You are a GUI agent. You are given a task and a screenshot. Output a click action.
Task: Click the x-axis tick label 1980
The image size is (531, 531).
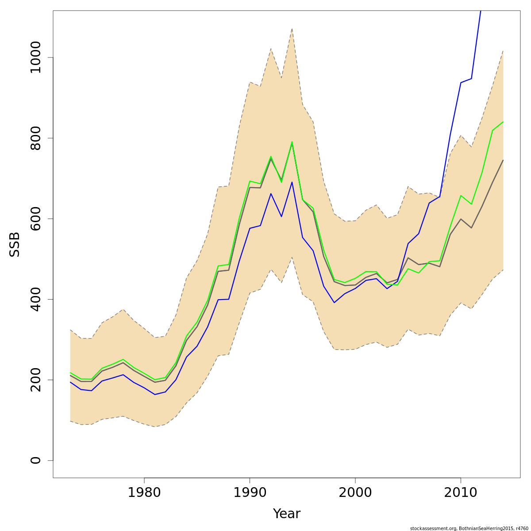[144, 493]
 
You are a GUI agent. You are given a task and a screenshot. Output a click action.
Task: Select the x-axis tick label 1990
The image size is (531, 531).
[250, 493]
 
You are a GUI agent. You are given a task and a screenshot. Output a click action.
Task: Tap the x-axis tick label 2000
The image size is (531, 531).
[355, 493]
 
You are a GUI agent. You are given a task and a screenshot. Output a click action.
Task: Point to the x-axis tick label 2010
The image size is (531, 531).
[461, 493]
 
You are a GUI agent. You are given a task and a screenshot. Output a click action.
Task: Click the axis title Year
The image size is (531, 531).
[286, 514]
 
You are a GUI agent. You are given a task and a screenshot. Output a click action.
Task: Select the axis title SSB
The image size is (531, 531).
[15, 244]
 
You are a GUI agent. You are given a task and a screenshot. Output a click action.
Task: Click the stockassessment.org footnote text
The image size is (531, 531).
[469, 528]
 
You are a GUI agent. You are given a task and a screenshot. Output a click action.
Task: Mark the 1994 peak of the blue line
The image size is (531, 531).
[292, 182]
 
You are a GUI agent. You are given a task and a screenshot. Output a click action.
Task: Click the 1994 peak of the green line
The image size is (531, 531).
[292, 142]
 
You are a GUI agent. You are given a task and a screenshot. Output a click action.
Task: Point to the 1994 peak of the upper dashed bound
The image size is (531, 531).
[292, 29]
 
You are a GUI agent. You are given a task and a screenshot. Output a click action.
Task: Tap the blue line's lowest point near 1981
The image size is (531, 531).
[155, 394]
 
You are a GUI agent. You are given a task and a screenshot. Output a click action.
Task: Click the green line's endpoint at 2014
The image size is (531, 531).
[503, 122]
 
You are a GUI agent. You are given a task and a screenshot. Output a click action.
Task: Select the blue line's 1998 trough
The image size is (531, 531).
[334, 303]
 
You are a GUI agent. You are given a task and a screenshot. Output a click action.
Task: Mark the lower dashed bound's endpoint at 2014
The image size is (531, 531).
[503, 269]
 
